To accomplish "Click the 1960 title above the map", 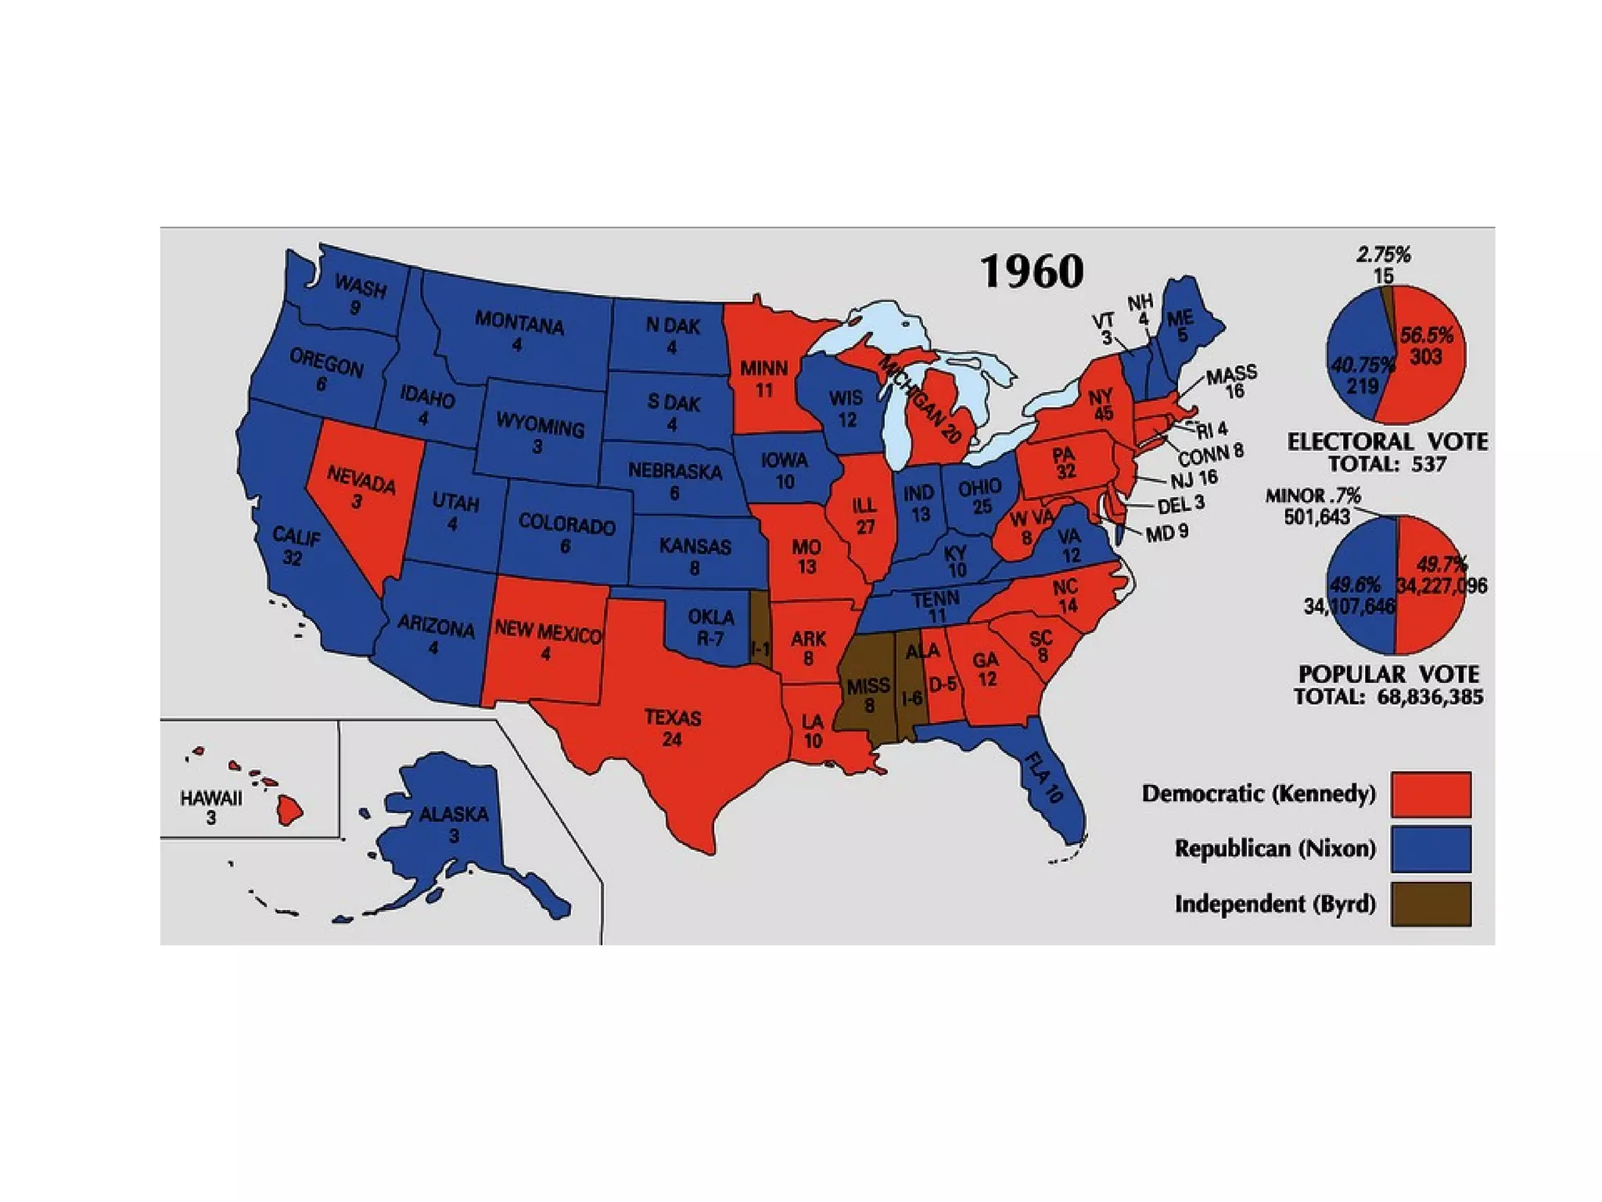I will tap(1032, 272).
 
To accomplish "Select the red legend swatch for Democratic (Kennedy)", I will tap(1431, 794).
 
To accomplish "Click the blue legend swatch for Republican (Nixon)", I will tap(1431, 849).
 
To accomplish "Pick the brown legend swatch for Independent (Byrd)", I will tap(1431, 905).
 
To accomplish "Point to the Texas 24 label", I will tap(672, 728).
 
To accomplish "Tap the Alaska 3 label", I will tap(453, 823).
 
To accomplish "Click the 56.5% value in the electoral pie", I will tap(1426, 336).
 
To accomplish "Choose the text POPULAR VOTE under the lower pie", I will tap(1388, 675).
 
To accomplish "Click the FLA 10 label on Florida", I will tap(1043, 778).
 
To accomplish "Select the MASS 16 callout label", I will tap(1232, 381).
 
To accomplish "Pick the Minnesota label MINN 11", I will tap(763, 378).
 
